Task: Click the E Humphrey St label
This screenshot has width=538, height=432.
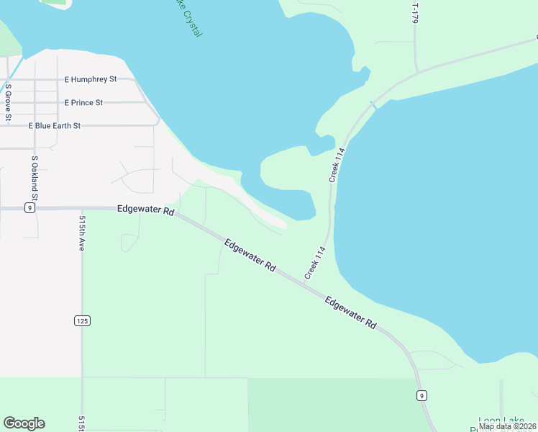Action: click(x=91, y=79)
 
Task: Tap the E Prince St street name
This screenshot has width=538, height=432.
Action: click(x=83, y=103)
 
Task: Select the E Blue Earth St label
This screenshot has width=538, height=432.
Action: click(x=55, y=125)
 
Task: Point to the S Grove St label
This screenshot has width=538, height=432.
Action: click(x=9, y=103)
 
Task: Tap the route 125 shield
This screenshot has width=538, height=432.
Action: click(x=82, y=320)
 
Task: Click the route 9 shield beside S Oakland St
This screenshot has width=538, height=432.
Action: click(x=29, y=208)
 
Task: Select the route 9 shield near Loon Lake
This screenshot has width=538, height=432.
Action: click(x=421, y=395)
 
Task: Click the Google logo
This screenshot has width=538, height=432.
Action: click(x=24, y=423)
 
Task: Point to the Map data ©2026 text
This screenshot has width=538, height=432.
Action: click(x=507, y=426)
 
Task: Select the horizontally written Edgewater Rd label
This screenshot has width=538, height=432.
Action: click(x=146, y=211)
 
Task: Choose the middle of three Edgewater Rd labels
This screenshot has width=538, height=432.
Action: click(x=250, y=256)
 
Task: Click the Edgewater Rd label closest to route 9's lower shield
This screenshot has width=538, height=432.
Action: click(x=351, y=313)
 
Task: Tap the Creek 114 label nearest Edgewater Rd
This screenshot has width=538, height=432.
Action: click(x=315, y=263)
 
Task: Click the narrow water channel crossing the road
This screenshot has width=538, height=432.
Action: click(x=373, y=105)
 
